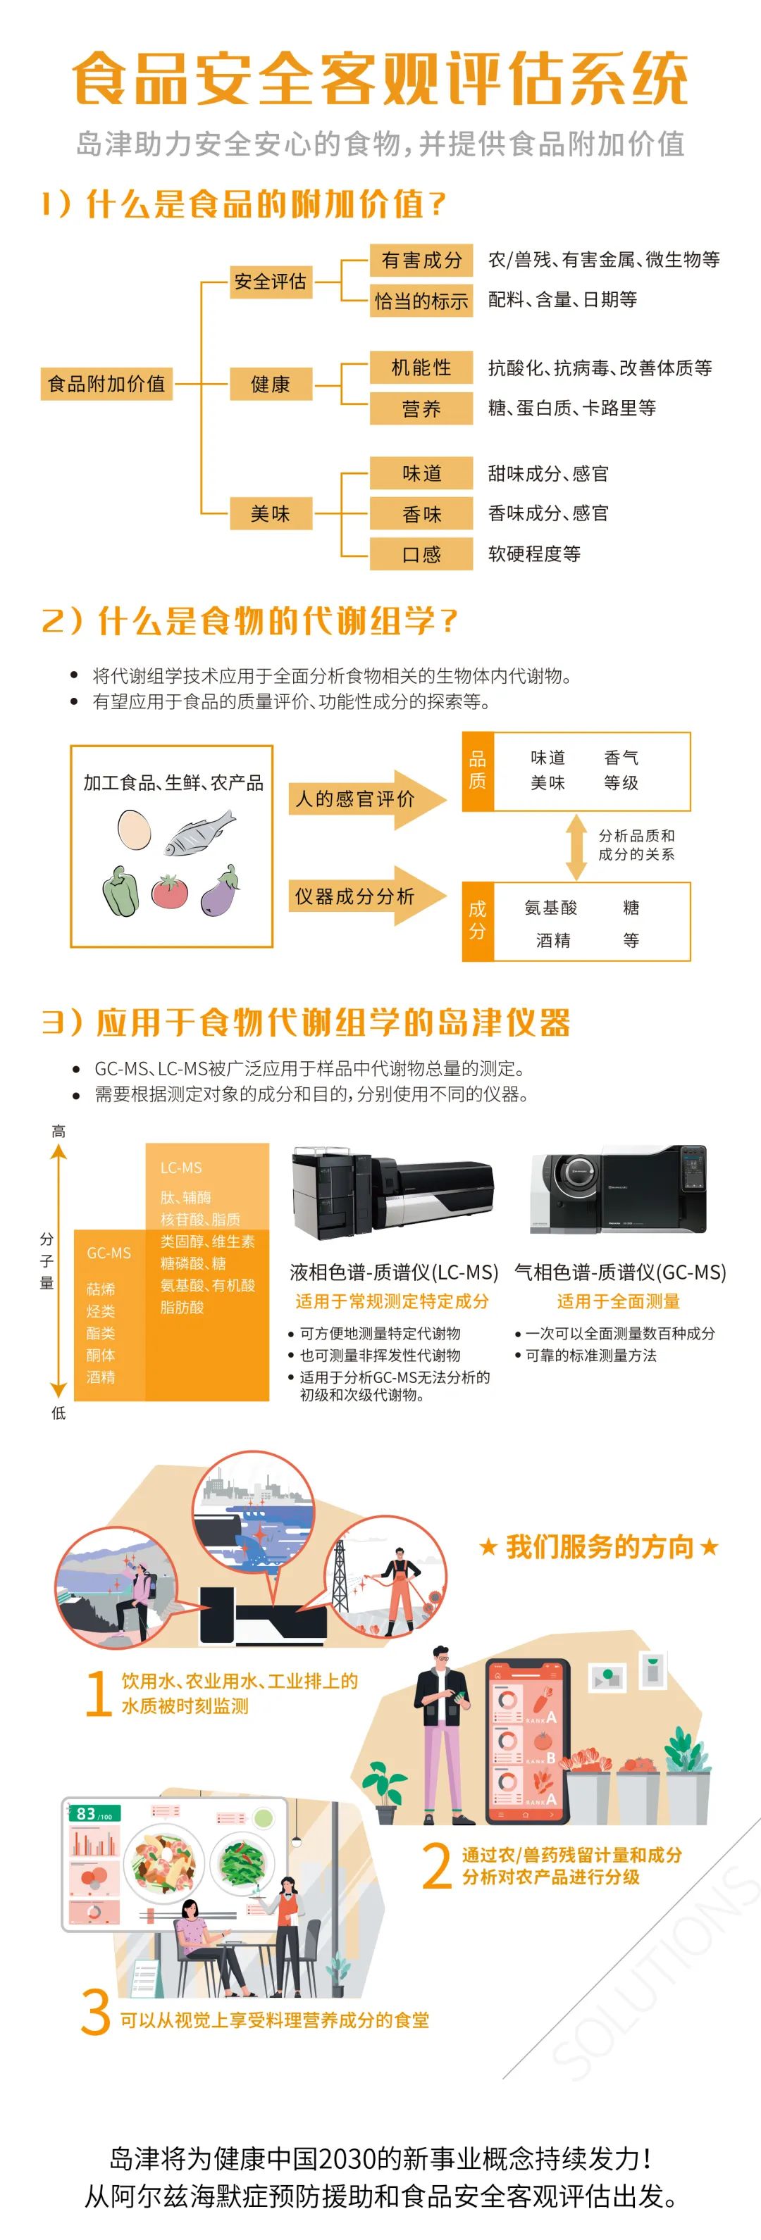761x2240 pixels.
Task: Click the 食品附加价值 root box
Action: pos(106,384)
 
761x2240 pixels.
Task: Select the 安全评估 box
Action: pos(271,281)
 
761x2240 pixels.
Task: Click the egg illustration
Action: pos(134,830)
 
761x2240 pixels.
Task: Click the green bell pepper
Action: pos(120,891)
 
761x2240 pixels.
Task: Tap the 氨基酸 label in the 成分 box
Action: pos(550,908)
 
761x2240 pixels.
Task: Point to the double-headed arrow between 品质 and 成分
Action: pos(576,847)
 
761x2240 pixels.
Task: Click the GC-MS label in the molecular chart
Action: pos(109,1253)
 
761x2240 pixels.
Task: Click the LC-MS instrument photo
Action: pos(393,1192)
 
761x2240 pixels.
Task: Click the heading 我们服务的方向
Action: pos(599,1547)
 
